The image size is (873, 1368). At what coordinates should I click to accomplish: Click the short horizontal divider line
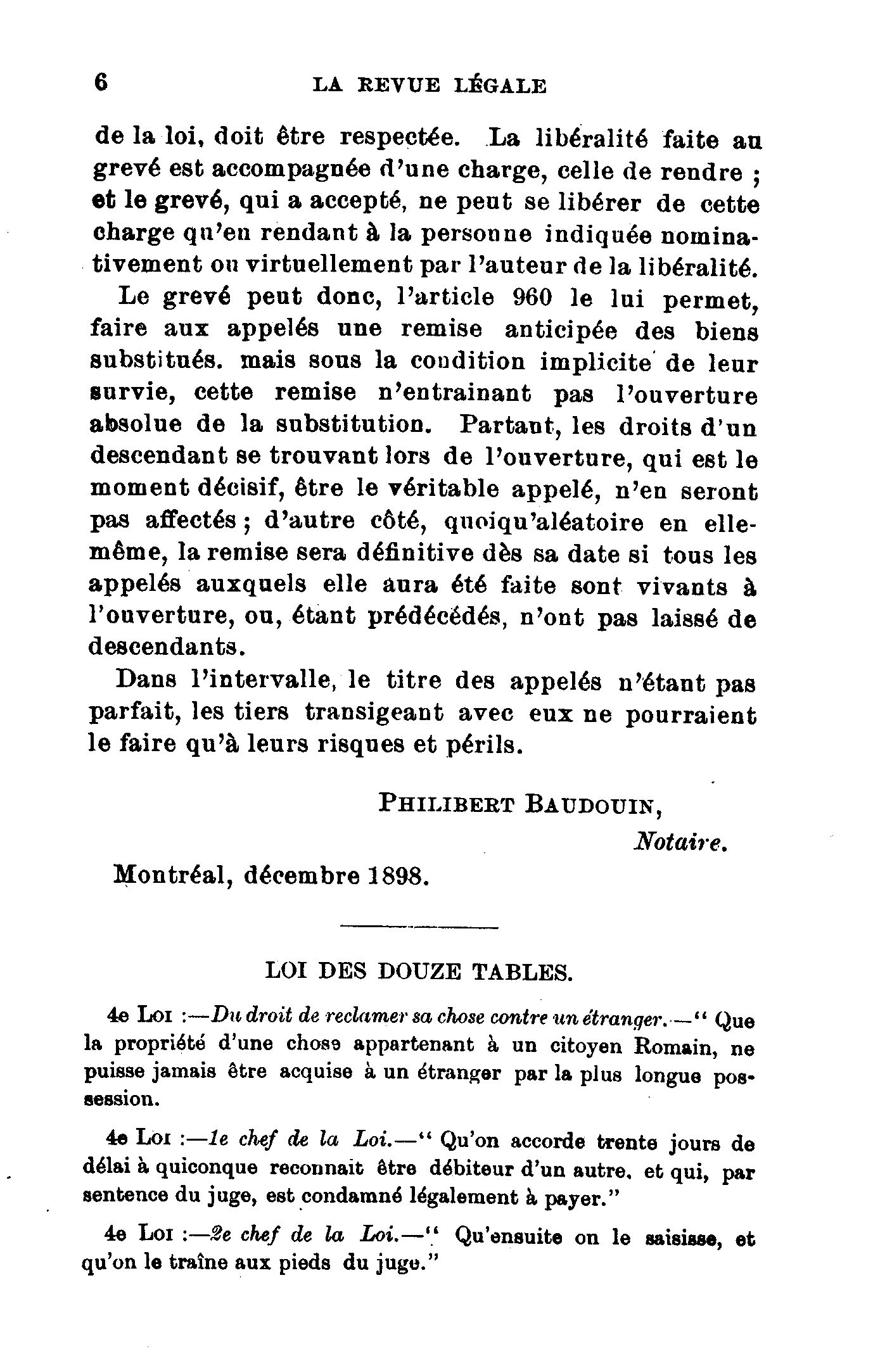click(419, 928)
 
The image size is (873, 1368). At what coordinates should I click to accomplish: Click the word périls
click(485, 745)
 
